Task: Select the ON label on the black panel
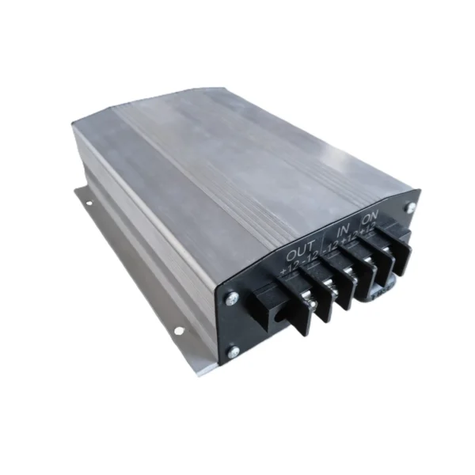click(x=370, y=218)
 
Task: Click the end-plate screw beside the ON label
click(x=410, y=207)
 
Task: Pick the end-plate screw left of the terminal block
click(x=232, y=298)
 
